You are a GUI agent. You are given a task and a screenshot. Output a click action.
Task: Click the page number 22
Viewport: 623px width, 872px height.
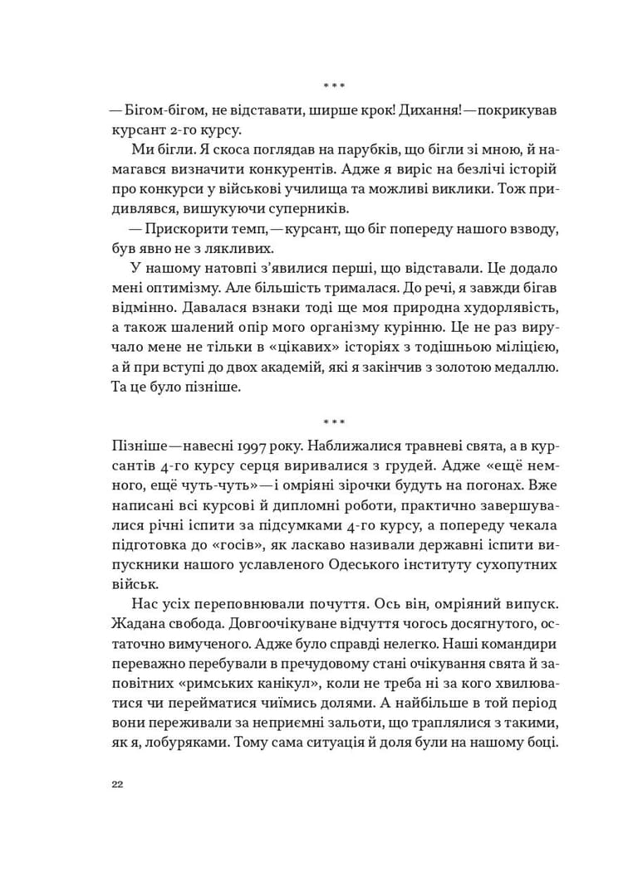tap(116, 787)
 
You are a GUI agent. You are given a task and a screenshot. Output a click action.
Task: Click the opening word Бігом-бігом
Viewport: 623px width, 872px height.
tap(163, 110)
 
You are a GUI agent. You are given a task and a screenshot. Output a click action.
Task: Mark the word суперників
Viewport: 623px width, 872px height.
tap(287, 207)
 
